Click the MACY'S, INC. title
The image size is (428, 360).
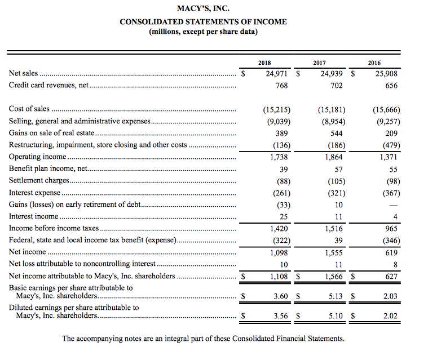(x=203, y=8)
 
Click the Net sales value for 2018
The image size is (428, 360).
(x=277, y=73)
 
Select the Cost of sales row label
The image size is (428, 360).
(x=29, y=109)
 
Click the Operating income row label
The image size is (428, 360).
(x=37, y=156)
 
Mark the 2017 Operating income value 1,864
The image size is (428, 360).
(x=334, y=157)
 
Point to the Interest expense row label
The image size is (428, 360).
(x=34, y=193)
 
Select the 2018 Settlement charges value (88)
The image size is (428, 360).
(x=280, y=181)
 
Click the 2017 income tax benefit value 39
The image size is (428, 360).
(x=338, y=241)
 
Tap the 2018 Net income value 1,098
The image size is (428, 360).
(x=277, y=253)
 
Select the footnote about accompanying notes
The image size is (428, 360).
(x=202, y=338)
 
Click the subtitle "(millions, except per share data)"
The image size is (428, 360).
(x=203, y=32)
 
